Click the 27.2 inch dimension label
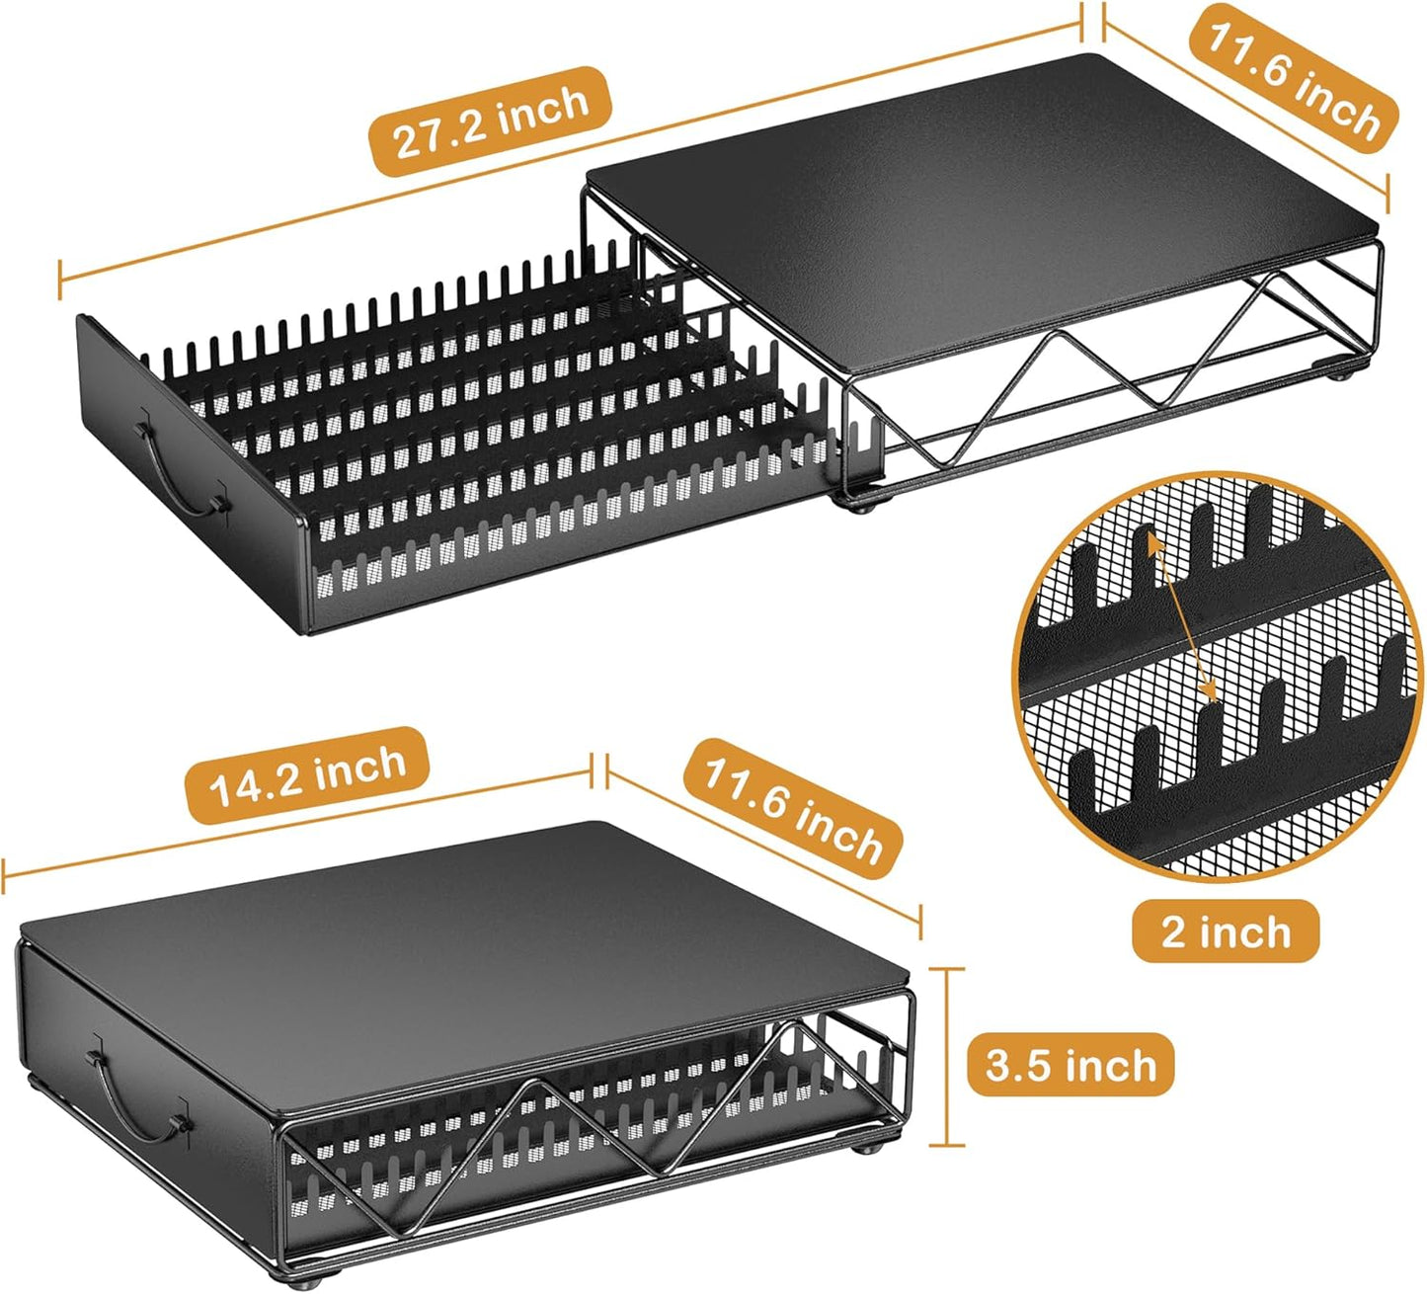(x=490, y=121)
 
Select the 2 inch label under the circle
(x=1225, y=931)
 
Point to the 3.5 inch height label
(x=1070, y=1065)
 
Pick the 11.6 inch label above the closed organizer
(x=792, y=811)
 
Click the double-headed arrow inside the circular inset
(x=1181, y=618)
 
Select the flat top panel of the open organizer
(x=982, y=206)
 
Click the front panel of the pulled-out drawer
(x=192, y=473)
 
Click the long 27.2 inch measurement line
(x=571, y=149)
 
